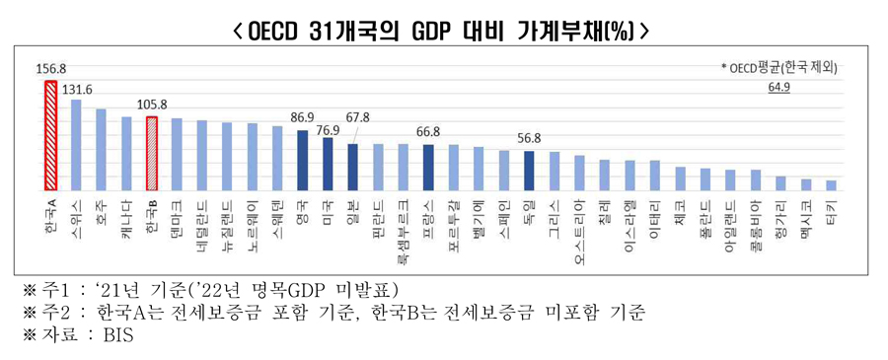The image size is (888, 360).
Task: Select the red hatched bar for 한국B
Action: pos(152,153)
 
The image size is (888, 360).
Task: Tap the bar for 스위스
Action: pos(76,144)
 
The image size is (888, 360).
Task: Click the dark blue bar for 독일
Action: pos(529,170)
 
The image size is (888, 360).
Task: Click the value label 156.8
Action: pos(50,70)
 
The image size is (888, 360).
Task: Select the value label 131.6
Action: pos(77,89)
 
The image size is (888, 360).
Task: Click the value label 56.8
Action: pos(530,139)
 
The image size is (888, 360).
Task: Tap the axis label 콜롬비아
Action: pos(755,224)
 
